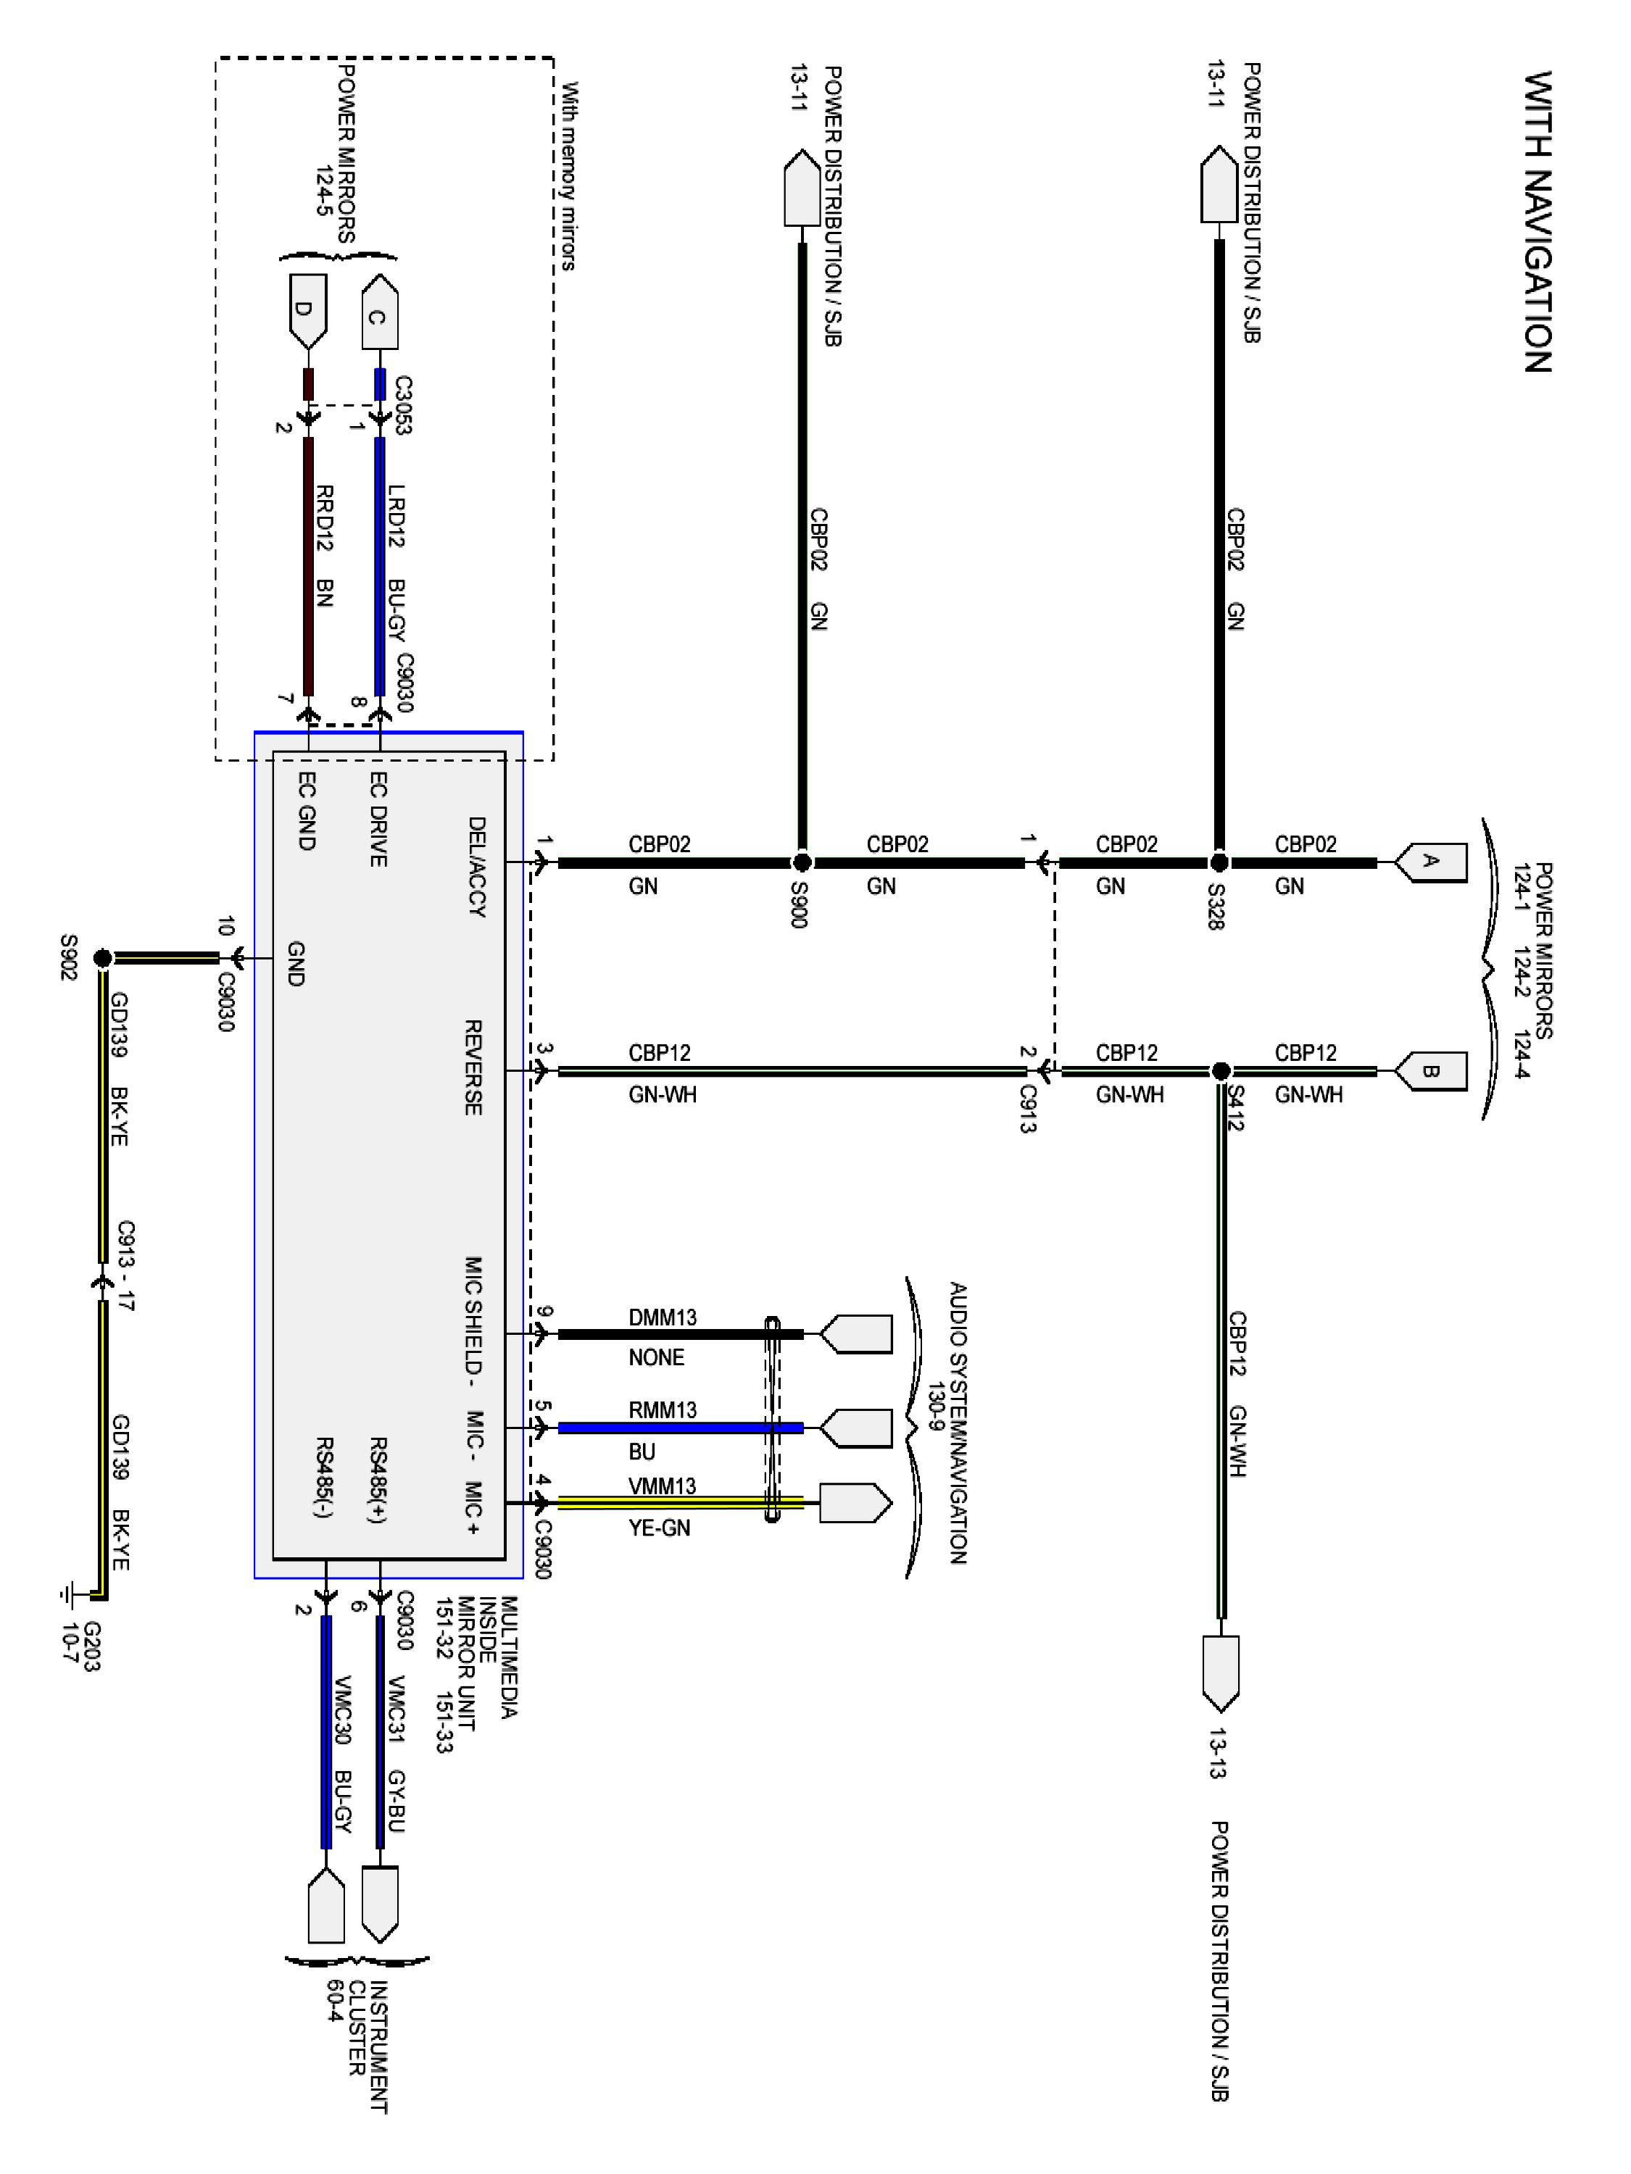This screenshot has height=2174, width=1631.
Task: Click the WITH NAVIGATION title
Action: click(x=1537, y=221)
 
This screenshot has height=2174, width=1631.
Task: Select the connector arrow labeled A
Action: click(x=1430, y=862)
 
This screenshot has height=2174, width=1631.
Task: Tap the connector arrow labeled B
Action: click(x=1430, y=1071)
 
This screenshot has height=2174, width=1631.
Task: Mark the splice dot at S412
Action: click(x=1220, y=1070)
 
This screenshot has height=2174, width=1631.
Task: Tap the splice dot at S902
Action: click(x=102, y=957)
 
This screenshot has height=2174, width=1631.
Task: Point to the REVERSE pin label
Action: click(x=473, y=1067)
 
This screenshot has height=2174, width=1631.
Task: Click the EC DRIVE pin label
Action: click(x=378, y=819)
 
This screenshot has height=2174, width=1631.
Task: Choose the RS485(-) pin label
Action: click(x=323, y=1477)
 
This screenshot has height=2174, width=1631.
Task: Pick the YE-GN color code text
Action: click(x=659, y=1528)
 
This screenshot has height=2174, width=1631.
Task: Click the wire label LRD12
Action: click(x=397, y=515)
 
